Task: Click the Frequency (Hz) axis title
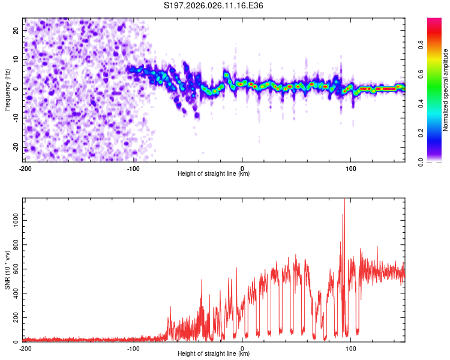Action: pos(7,89)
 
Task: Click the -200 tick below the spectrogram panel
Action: pos(25,168)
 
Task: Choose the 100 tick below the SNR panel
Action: pos(351,348)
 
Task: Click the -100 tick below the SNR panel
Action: pos(133,348)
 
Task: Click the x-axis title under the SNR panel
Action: pos(214,354)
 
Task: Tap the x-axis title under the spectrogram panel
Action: pos(214,174)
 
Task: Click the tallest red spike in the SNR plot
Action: pos(344,200)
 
